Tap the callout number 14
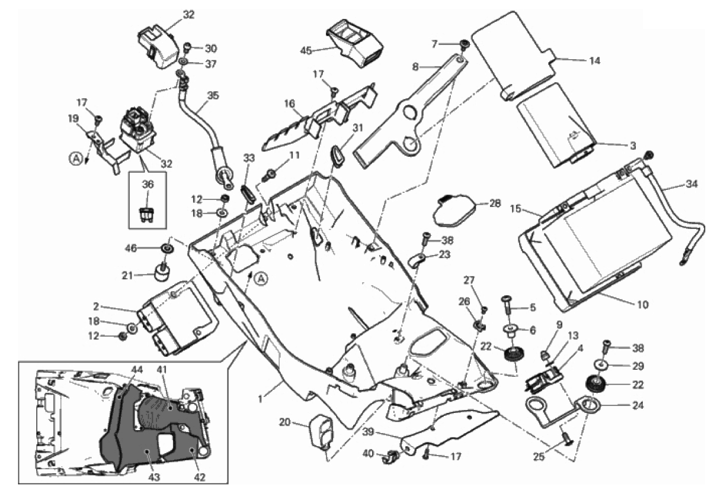tap(595, 60)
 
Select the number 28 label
tap(495, 204)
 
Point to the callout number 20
tap(284, 422)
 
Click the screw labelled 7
tap(465, 44)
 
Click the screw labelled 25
tap(566, 438)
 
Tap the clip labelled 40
tap(390, 456)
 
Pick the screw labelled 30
tap(187, 47)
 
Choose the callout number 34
tap(691, 184)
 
